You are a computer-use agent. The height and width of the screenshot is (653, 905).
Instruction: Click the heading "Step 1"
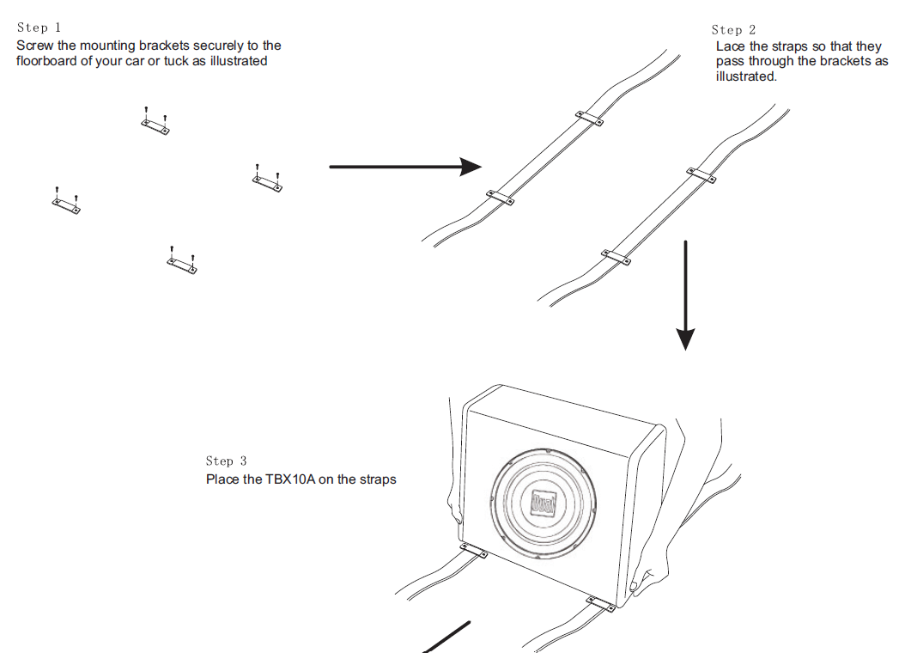pos(39,27)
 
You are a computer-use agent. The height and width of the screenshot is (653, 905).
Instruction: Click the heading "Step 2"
pos(733,30)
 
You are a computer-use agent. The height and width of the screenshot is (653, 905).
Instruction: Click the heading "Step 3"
pos(227,461)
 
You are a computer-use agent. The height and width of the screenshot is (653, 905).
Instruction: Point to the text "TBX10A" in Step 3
pos(290,479)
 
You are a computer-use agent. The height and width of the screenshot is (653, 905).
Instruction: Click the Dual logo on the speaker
pos(544,503)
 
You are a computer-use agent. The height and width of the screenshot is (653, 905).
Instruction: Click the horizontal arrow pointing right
pos(405,167)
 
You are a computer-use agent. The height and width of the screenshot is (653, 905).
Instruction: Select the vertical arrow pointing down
pos(685,296)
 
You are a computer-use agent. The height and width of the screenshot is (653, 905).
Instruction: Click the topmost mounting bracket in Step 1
pos(155,122)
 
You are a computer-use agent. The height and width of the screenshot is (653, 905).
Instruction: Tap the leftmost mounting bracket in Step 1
pos(66,202)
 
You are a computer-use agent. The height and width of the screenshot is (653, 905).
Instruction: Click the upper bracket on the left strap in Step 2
pos(589,118)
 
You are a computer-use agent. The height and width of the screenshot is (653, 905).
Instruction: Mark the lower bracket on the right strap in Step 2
pos(616,257)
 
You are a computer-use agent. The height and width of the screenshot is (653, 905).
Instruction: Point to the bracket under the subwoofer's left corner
pos(473,550)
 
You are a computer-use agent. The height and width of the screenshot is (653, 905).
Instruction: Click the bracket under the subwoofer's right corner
pos(601,604)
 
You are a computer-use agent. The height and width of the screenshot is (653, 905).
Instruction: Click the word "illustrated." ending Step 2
pos(746,76)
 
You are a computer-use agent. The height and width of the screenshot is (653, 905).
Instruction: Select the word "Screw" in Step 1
pos(34,46)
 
